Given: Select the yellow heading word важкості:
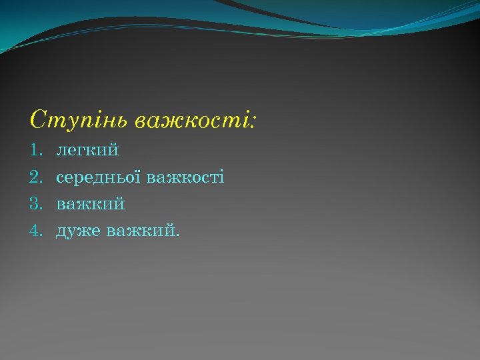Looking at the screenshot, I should [x=194, y=121].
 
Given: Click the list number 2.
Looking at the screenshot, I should [x=35, y=177].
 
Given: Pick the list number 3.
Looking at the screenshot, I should [x=35, y=204].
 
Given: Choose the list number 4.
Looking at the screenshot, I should [x=35, y=231].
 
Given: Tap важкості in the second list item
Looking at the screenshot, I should [x=185, y=177].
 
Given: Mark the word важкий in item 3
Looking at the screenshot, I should [x=91, y=204].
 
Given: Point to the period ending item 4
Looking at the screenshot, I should [x=177, y=235].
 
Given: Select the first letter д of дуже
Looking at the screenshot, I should [x=61, y=232].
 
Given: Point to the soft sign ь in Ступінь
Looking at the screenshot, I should [x=122, y=122].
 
